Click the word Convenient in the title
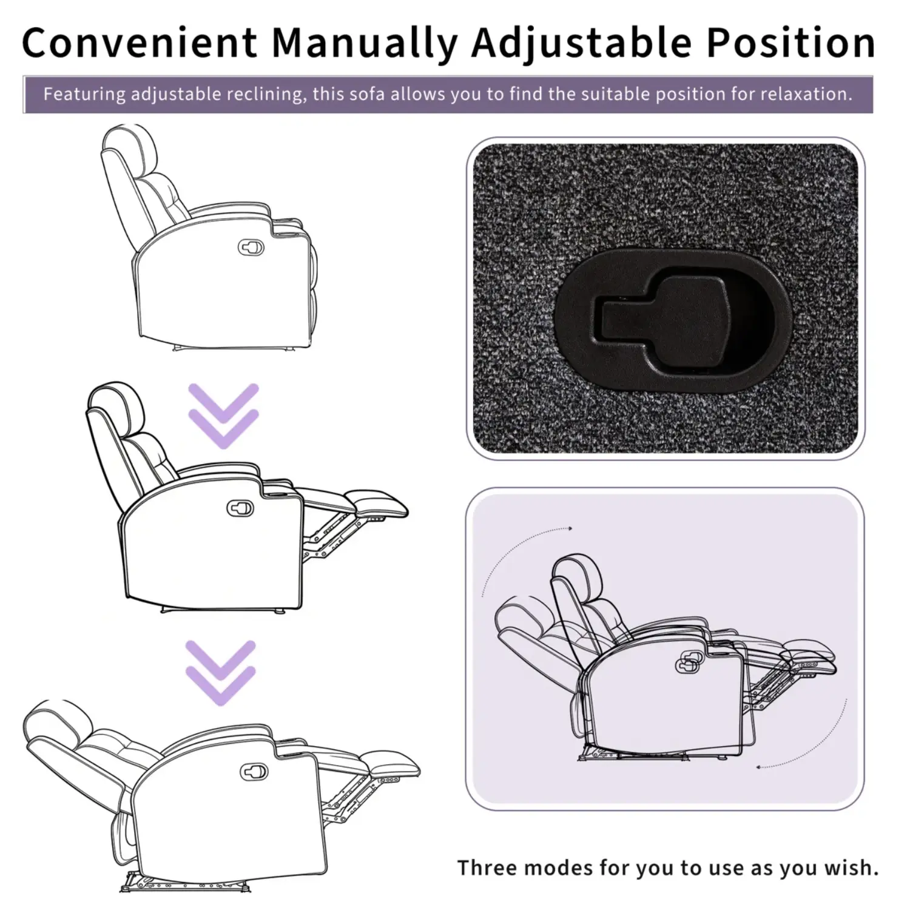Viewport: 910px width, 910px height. click(140, 42)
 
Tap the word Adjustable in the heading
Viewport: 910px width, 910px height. click(581, 44)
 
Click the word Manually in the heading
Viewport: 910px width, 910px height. click(364, 44)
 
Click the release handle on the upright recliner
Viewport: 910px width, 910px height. click(251, 247)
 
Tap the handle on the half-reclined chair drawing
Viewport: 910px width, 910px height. click(240, 508)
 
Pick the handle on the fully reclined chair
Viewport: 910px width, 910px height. click(254, 772)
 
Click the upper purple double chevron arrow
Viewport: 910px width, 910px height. click(223, 416)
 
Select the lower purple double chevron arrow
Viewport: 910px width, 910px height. click(220, 673)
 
